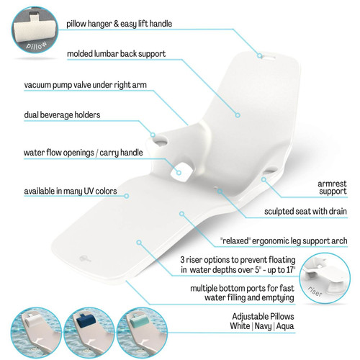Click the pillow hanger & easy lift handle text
click(x=120, y=23)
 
